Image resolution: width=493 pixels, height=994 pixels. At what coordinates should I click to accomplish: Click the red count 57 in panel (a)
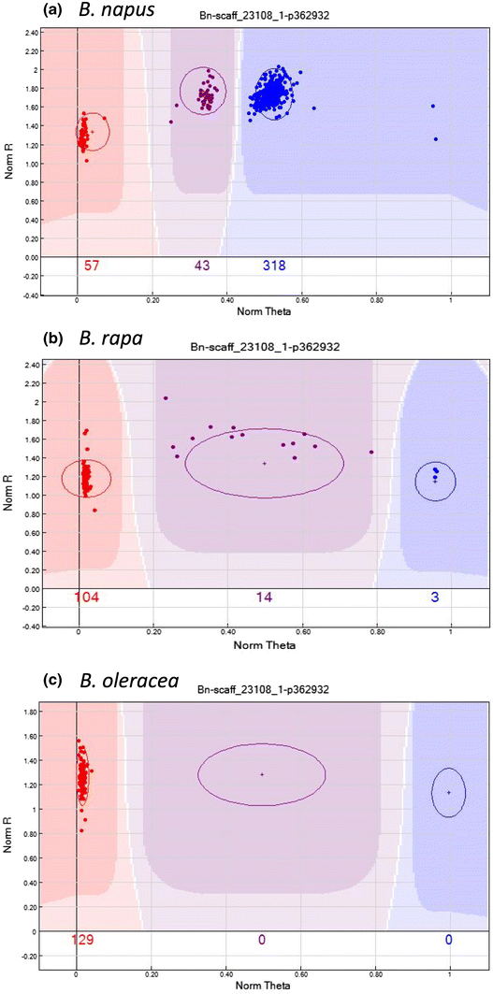[x=93, y=267]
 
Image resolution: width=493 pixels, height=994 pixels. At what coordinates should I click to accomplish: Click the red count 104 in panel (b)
[x=90, y=598]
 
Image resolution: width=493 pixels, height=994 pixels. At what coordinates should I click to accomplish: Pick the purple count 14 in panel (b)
[x=264, y=598]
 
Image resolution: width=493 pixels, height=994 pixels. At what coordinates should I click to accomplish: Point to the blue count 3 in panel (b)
[x=435, y=598]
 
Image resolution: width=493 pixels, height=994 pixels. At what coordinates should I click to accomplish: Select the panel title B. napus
[x=82, y=12]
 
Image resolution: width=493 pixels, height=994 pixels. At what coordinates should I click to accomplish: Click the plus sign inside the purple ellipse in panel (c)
[x=262, y=774]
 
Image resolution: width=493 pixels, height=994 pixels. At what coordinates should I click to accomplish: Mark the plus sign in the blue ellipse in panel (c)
[x=450, y=792]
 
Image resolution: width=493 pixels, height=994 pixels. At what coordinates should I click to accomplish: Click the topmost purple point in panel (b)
[x=166, y=398]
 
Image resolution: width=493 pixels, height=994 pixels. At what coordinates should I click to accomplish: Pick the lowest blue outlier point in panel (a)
[x=436, y=139]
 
